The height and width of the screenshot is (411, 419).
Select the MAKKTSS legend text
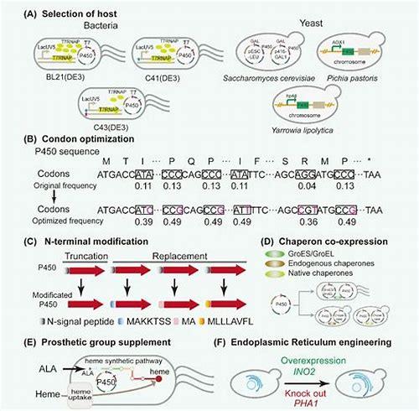[x=129, y=322]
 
